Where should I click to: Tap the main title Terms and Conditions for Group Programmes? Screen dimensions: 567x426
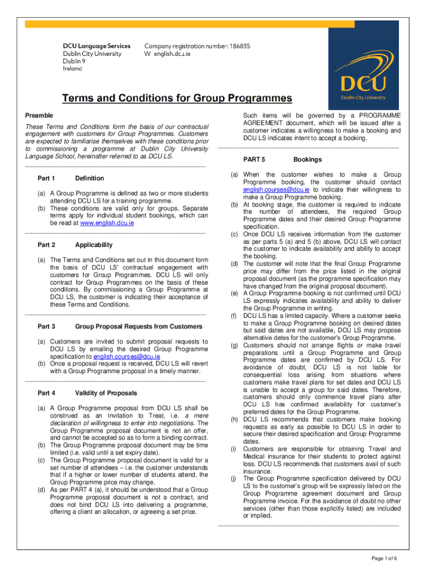(176, 99)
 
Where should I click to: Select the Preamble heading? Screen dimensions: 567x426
(39, 115)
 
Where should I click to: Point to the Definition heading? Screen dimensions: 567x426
(89, 178)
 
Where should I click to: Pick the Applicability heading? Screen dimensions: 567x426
(93, 245)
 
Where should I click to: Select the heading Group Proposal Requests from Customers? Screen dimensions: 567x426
(139, 327)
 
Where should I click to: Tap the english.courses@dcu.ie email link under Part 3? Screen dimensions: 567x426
(127, 357)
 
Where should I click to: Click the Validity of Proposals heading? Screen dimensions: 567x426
(106, 393)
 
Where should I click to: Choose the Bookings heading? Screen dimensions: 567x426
(308, 159)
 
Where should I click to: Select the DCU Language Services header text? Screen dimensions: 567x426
(96, 46)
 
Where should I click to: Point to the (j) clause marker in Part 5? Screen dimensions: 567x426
(233, 478)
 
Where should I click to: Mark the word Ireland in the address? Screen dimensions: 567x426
(72, 69)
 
